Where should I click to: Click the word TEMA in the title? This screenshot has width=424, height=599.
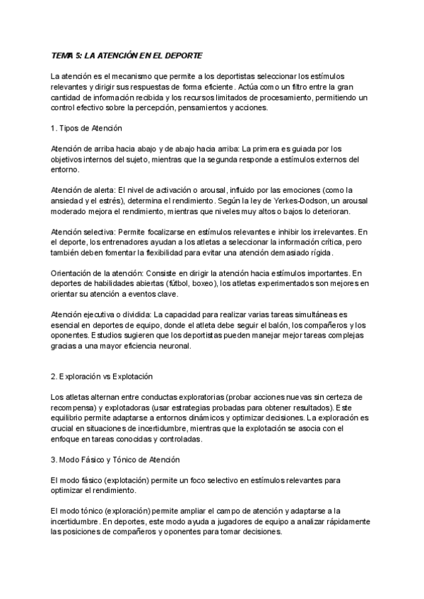coord(62,56)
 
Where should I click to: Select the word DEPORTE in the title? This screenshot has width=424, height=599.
coord(183,56)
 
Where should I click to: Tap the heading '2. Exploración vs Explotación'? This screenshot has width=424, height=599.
coord(102,376)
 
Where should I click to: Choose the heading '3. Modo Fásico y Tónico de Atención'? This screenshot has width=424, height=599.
coord(114,460)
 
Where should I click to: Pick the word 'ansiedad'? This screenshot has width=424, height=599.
coord(67,201)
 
